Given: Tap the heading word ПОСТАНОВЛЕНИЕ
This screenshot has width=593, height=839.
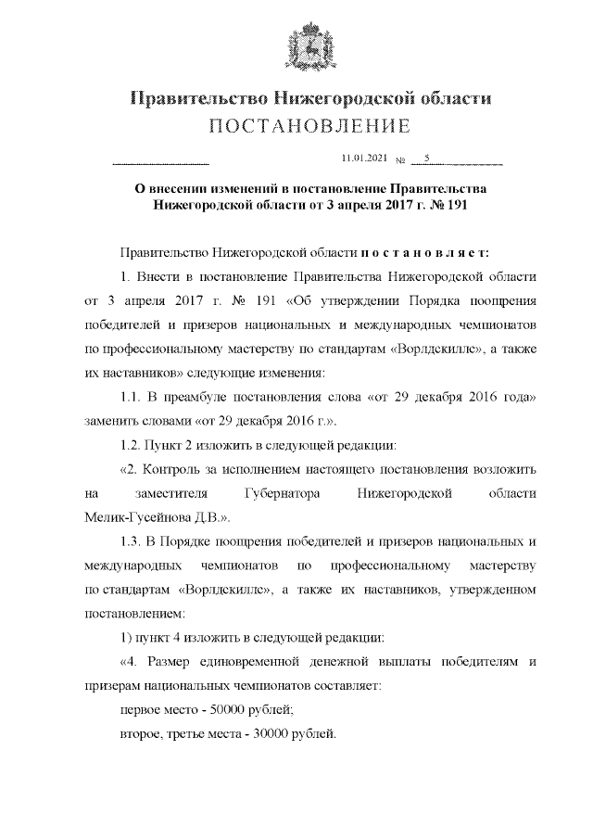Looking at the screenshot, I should (x=296, y=126).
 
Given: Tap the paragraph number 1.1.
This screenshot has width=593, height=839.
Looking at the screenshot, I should (x=132, y=397).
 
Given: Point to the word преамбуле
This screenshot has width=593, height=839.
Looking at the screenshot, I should (x=203, y=397).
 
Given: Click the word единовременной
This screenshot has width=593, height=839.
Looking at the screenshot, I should (x=259, y=662).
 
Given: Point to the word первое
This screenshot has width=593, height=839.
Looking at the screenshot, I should (x=141, y=710).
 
